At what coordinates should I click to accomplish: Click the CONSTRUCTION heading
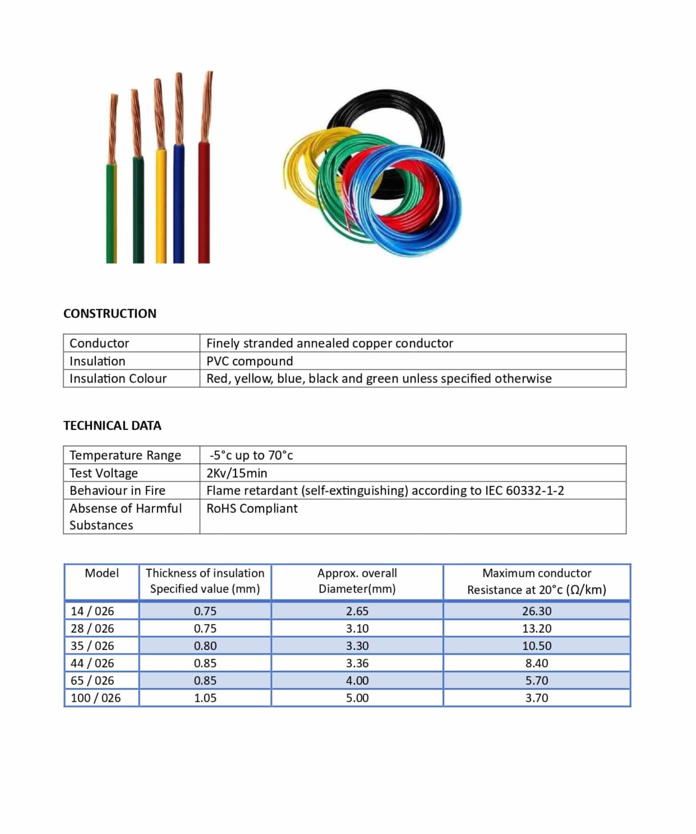(110, 314)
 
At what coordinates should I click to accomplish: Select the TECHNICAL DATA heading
(112, 426)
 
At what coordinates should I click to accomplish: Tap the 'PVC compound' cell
(249, 361)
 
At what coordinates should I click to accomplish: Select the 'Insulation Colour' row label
(118, 379)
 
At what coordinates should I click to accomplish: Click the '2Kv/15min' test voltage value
(236, 473)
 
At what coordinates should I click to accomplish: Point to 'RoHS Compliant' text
(252, 508)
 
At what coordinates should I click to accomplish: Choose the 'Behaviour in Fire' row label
(117, 490)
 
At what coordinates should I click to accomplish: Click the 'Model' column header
(102, 573)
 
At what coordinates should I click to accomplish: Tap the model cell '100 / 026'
(96, 698)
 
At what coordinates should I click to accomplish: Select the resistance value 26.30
(537, 611)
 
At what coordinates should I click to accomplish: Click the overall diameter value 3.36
(357, 663)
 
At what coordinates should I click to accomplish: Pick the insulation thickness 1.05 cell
(205, 698)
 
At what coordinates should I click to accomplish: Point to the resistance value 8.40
(537, 663)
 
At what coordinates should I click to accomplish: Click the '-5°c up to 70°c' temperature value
(251, 455)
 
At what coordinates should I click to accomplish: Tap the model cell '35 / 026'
(92, 646)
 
